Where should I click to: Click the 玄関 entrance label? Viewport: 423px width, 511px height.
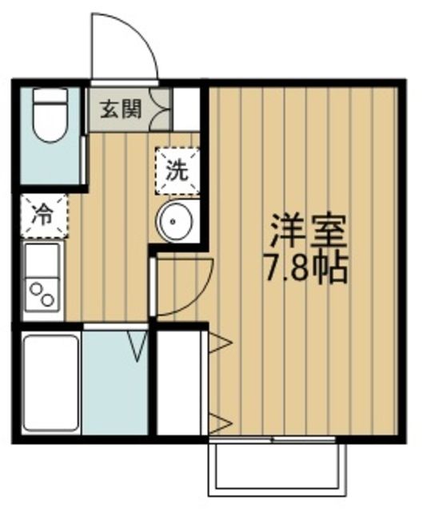pos(121,109)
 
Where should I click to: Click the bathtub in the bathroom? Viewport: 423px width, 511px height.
pos(51,382)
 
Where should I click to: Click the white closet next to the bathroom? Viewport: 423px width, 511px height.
pos(180,382)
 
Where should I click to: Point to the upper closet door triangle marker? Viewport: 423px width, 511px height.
pos(220,343)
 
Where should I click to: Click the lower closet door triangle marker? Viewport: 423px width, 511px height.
pos(220,422)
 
